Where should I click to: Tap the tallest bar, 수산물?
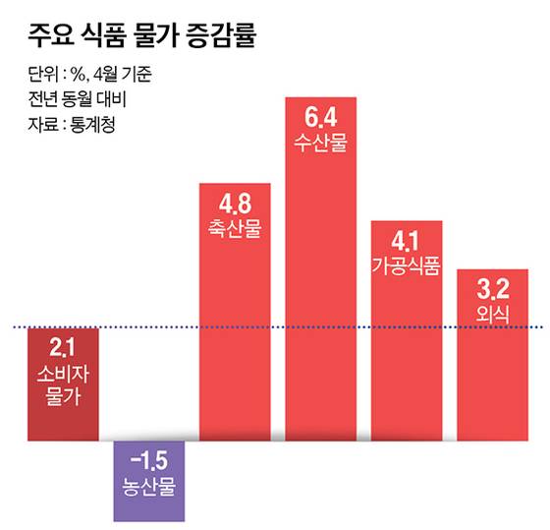pyautogui.click(x=321, y=295)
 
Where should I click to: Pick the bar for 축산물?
pyautogui.click(x=235, y=334)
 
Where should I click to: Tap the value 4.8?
pyautogui.click(x=235, y=205)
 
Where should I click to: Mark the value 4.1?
pyautogui.click(x=406, y=241)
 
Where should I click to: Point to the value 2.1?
pyautogui.click(x=63, y=346)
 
